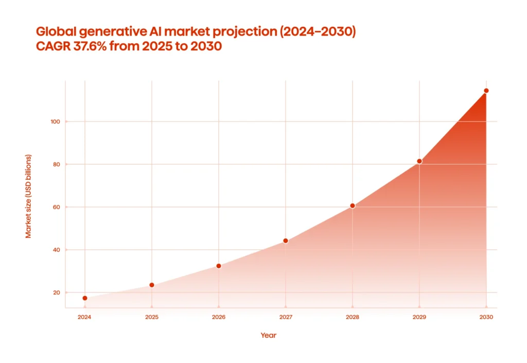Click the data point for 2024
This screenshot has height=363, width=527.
point(84,298)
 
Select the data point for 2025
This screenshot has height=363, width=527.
point(152,285)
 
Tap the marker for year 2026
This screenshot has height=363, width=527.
point(219,266)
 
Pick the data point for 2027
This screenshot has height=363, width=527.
point(286,240)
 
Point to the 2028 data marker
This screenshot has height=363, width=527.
point(353,205)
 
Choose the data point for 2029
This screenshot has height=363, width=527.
point(419,161)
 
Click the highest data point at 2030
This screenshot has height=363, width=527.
point(486,91)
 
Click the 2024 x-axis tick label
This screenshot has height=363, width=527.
point(84,317)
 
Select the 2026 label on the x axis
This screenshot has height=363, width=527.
point(219,317)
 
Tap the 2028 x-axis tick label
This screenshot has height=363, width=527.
point(353,317)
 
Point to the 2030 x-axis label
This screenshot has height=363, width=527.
point(486,317)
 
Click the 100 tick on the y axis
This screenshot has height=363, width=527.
point(55,122)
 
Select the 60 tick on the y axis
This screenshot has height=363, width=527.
point(56,207)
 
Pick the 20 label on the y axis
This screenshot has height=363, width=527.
point(56,292)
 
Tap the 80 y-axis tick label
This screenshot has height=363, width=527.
point(56,164)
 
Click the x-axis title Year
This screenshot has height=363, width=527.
point(268,335)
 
